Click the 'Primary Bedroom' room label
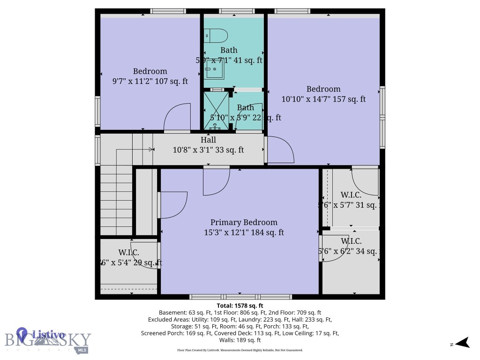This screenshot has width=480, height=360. (244, 222)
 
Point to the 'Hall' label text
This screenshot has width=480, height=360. (208, 140)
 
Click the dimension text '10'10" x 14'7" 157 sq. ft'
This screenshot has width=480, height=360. (323, 99)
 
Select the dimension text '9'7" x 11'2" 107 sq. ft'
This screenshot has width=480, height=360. (150, 81)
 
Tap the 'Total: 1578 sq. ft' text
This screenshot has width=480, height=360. (240, 306)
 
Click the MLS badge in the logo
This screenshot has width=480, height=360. (82, 350)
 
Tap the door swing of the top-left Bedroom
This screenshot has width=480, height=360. (177, 117)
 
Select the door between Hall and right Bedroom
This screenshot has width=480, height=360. (280, 150)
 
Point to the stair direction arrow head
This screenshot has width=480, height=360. (151, 150)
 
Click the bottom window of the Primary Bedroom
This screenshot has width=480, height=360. (240, 297)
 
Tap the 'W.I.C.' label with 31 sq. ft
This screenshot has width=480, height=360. (351, 195)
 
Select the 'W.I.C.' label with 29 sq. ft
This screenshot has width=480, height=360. (128, 253)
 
